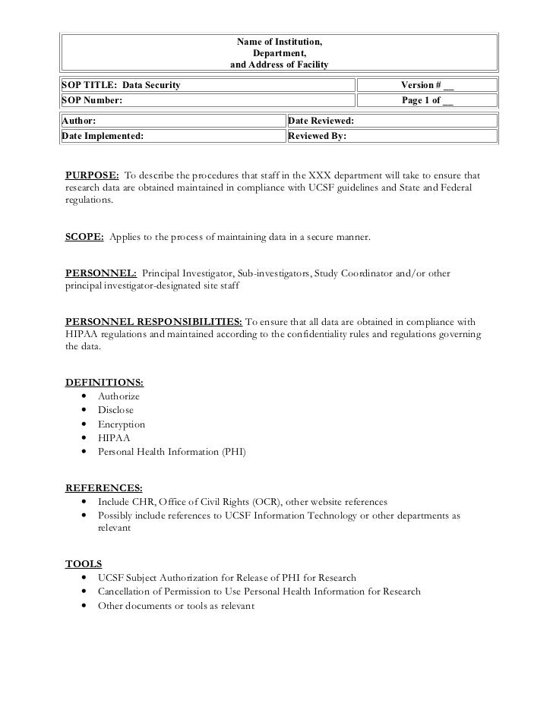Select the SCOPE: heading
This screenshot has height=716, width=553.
[85, 238]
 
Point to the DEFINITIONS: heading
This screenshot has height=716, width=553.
[104, 382]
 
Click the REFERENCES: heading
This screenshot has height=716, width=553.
[103, 488]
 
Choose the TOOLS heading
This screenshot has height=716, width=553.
[84, 564]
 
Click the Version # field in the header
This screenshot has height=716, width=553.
[427, 84]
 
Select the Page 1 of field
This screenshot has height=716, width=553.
[427, 100]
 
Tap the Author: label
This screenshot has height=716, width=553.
[79, 121]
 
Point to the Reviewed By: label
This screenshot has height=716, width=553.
[318, 136]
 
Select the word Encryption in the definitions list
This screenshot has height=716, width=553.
[122, 424]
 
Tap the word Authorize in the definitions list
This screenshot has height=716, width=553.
[119, 396]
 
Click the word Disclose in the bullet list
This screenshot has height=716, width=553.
[116, 411]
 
